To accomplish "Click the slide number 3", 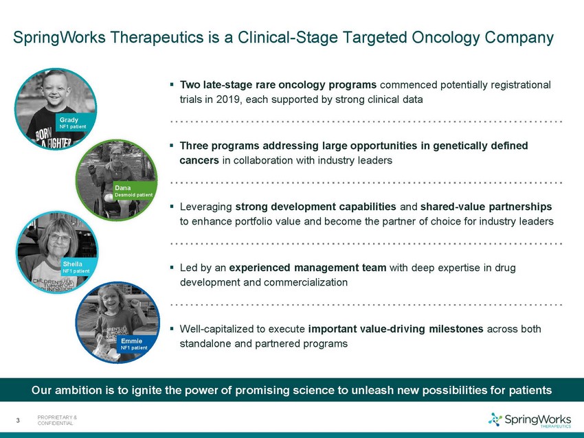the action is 18,421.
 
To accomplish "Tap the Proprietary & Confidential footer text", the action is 57,421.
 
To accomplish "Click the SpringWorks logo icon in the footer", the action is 495,419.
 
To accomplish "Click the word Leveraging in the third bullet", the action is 206,207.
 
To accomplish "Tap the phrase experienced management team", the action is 308,268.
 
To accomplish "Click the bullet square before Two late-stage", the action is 172,84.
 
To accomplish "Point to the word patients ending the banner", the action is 530,391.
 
